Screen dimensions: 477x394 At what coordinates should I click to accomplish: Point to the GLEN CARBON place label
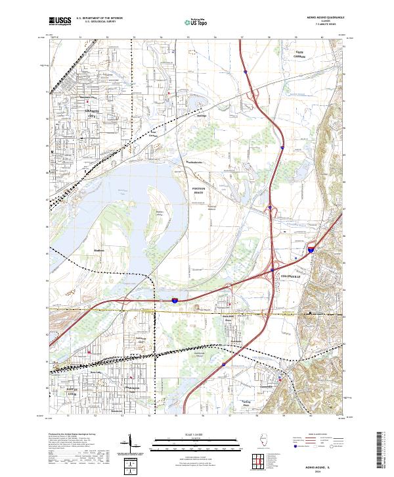tap(300, 55)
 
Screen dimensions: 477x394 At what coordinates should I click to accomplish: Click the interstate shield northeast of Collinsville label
tap(311, 249)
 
